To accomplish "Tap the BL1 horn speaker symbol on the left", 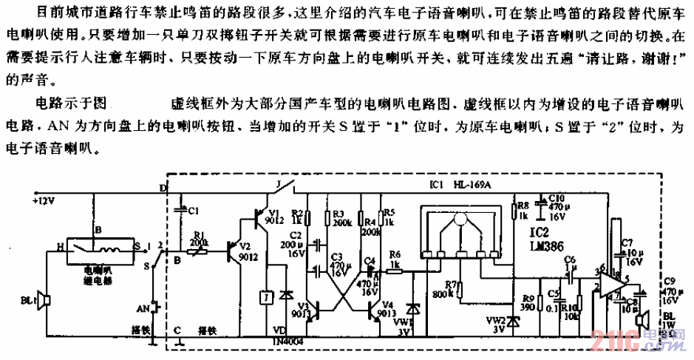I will pyautogui.click(x=44, y=301).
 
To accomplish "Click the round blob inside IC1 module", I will pyautogui.click(x=460, y=220).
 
